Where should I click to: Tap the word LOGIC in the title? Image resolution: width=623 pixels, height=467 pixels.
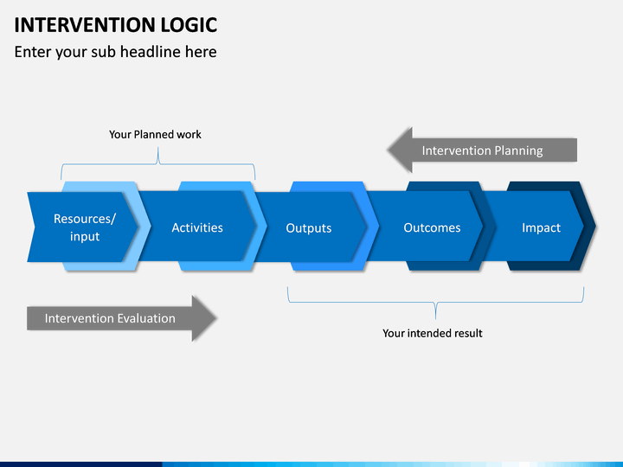point(189,25)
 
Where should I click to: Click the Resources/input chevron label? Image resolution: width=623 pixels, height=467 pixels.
point(85,227)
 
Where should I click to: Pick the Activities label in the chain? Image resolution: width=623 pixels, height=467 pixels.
point(197,227)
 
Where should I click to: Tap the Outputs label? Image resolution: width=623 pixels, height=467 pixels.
point(309,228)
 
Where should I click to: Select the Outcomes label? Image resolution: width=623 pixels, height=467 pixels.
point(433,227)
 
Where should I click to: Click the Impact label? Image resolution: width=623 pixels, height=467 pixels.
point(541,228)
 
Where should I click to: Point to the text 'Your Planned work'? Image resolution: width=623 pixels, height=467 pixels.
point(156,135)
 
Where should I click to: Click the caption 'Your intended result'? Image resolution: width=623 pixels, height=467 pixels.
point(433,333)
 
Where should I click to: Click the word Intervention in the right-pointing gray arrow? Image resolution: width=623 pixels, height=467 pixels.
point(77,318)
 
